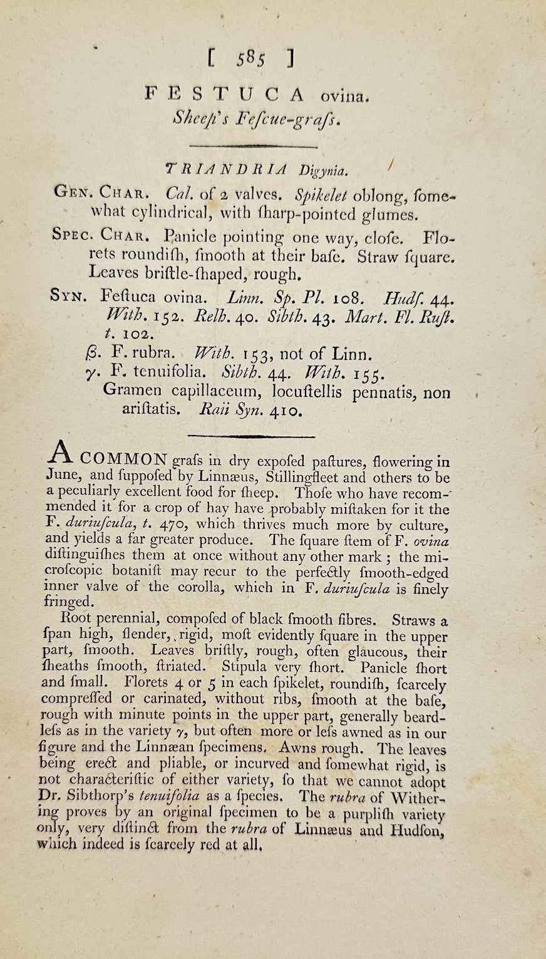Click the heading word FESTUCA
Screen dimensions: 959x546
224,95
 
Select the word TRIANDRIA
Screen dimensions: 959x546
227,168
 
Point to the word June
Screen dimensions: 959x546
61,477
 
